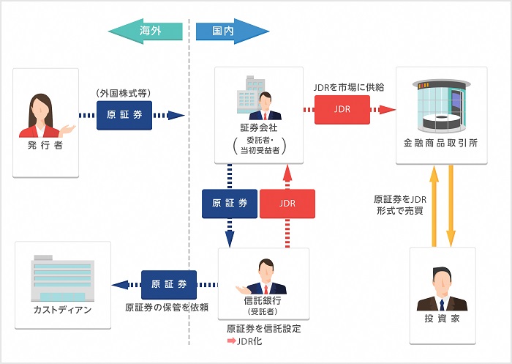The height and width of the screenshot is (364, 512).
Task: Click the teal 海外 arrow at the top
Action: (146, 31)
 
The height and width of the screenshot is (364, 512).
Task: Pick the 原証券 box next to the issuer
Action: (124, 116)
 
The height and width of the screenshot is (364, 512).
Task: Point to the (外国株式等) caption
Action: (124, 94)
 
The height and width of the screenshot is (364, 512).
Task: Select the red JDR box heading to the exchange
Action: (336, 110)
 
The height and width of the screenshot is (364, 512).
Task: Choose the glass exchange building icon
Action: (440, 103)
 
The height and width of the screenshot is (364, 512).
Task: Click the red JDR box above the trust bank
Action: (287, 203)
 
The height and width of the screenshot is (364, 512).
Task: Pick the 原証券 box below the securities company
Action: (230, 203)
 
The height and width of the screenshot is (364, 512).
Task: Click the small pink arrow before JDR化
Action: (231, 341)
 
